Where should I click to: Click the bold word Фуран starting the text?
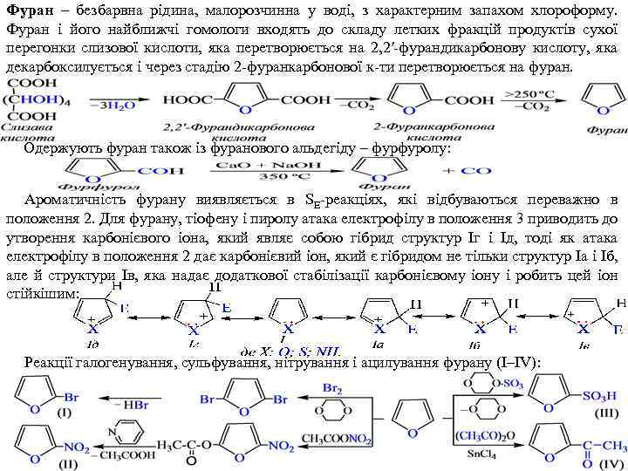[26, 10]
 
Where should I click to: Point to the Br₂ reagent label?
[332, 386]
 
